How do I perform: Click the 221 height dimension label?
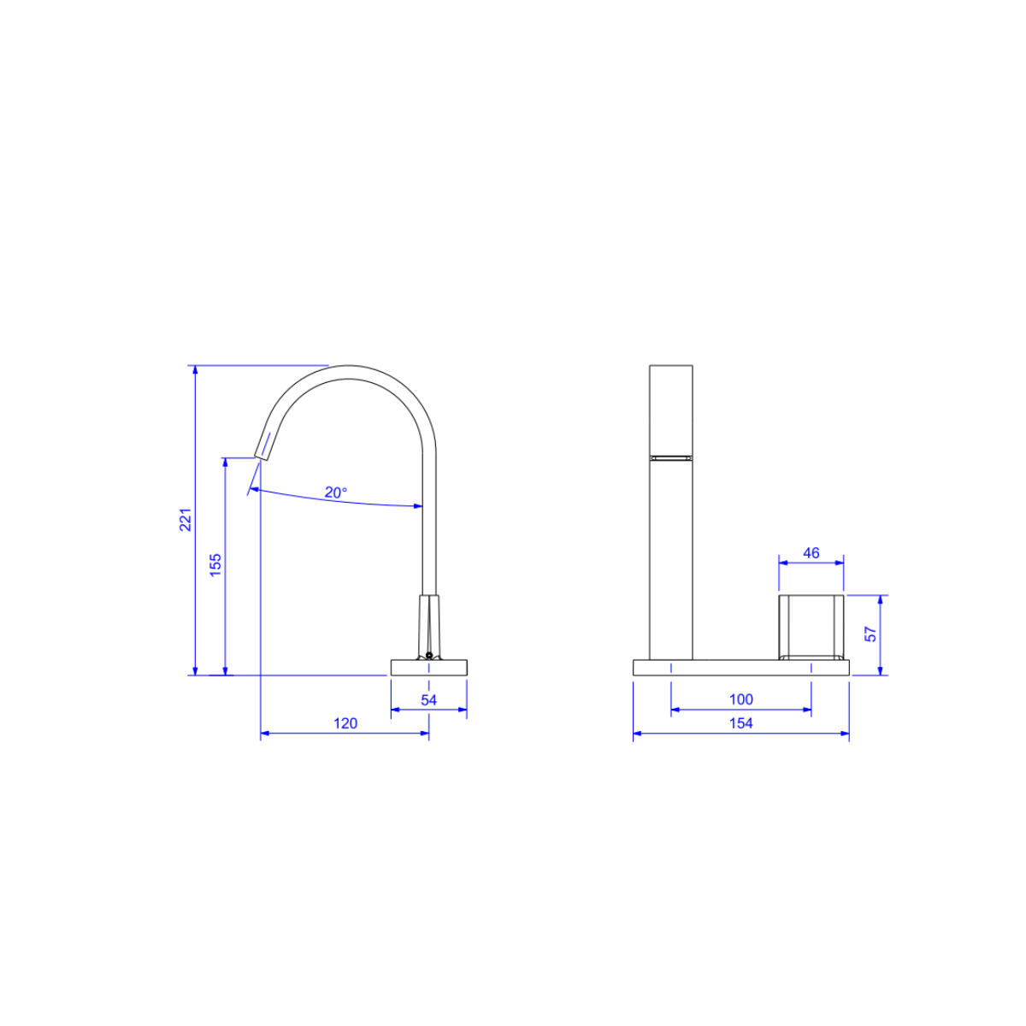coord(186,520)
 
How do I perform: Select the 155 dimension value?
coord(215,565)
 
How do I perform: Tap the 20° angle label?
coord(336,492)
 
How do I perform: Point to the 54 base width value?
coord(428,699)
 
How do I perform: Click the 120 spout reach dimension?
coord(345,723)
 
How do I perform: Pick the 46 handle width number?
coord(811,553)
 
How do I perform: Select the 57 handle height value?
coord(870,634)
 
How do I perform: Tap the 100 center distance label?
coord(741,699)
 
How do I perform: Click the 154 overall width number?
coord(741,723)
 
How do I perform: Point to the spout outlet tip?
coord(261,457)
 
